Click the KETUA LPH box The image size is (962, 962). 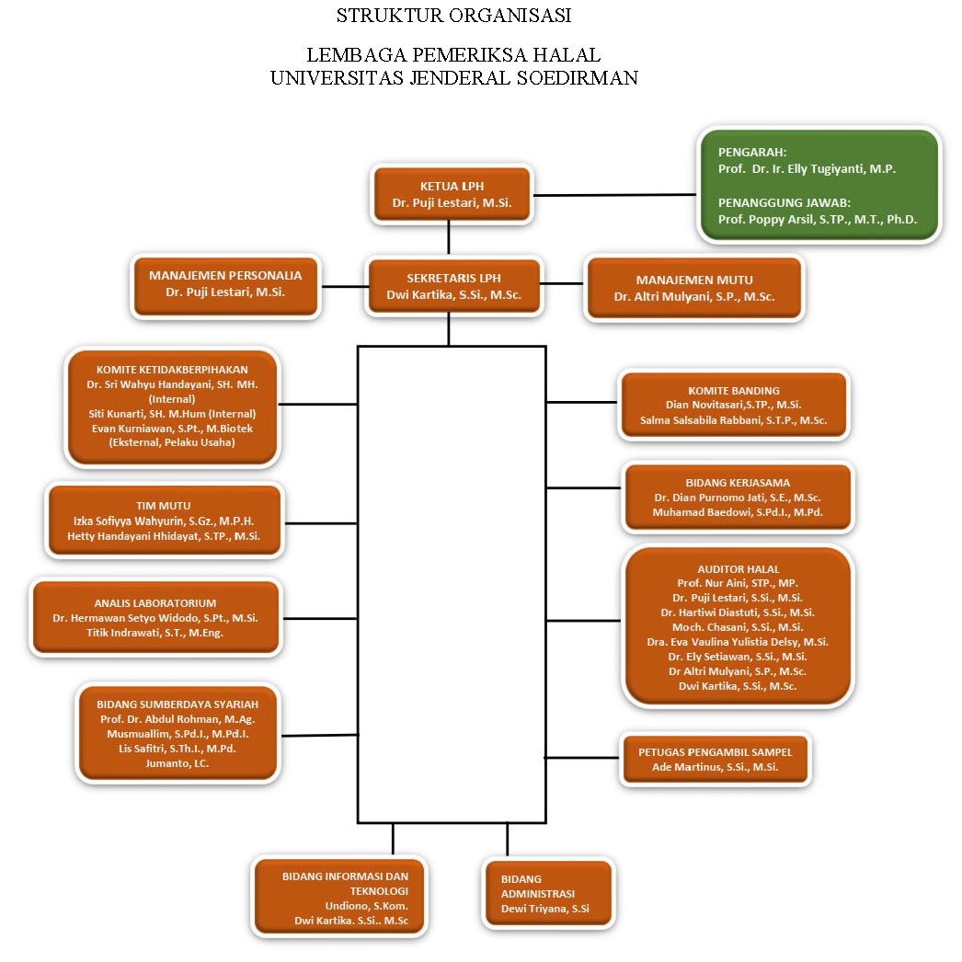[452, 194]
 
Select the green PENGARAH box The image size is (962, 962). [818, 186]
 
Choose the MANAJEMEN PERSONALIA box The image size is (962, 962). [225, 284]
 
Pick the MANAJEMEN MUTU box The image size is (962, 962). [694, 288]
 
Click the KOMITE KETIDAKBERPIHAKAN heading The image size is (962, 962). [172, 370]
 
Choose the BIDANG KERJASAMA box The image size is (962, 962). [738, 498]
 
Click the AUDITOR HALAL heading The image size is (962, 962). [738, 569]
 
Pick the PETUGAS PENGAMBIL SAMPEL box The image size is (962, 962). [715, 760]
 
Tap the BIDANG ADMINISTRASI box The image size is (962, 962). [547, 893]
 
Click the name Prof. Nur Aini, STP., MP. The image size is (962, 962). [737, 583]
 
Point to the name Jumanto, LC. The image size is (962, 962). [178, 763]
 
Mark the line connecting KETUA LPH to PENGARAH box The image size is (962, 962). [614, 195]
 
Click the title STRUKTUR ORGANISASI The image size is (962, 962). [453, 16]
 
